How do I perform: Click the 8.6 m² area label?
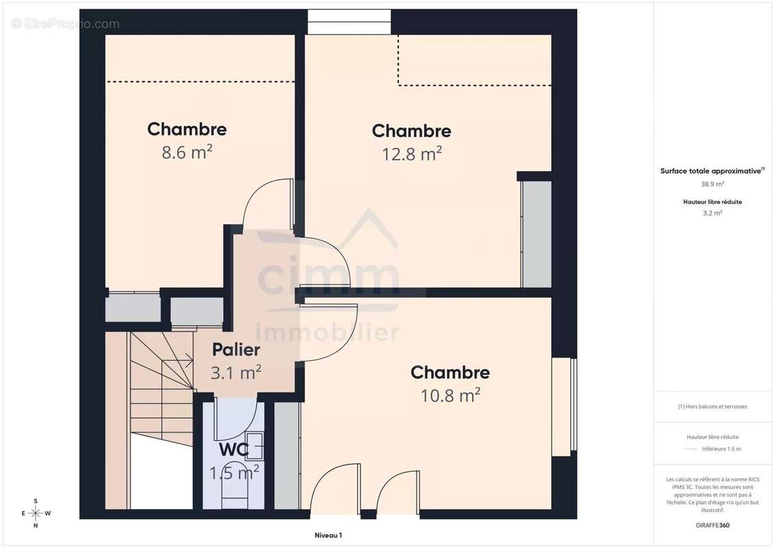click(x=187, y=152)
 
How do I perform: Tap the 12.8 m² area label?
click(x=412, y=154)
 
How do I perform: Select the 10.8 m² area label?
click(x=450, y=395)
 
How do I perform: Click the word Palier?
click(x=236, y=350)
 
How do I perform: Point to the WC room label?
click(x=234, y=449)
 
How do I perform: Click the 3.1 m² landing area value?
click(x=236, y=372)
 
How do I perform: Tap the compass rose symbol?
click(x=36, y=514)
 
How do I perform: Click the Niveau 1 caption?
click(x=328, y=535)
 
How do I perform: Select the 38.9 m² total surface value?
click(x=712, y=184)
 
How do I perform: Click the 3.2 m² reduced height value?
click(x=712, y=213)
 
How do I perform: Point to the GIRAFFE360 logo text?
click(x=712, y=525)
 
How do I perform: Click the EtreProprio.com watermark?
click(x=66, y=24)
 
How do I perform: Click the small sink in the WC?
click(x=254, y=447)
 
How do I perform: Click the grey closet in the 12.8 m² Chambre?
click(x=537, y=234)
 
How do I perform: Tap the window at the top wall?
click(x=349, y=22)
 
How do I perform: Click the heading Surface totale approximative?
click(x=712, y=171)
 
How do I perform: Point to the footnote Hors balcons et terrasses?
click(x=712, y=407)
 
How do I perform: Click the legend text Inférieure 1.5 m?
click(x=721, y=449)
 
